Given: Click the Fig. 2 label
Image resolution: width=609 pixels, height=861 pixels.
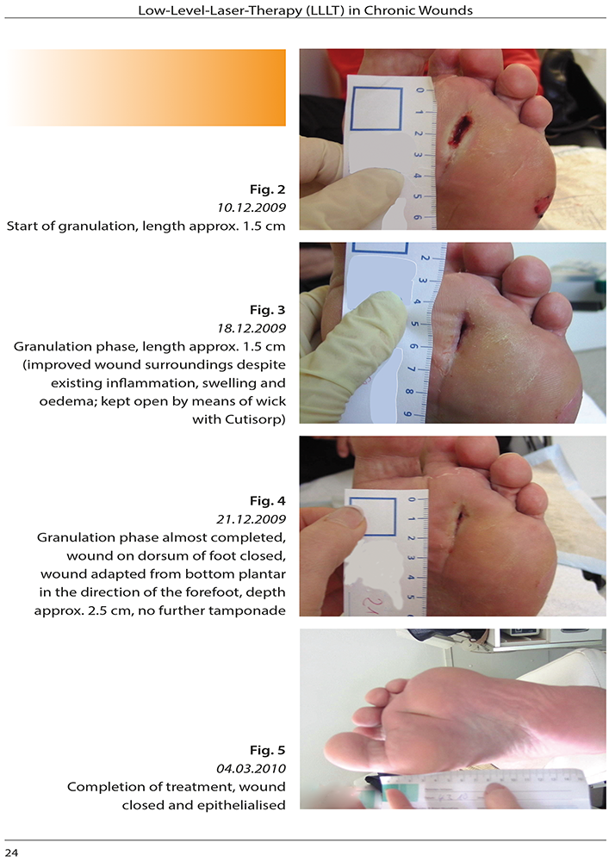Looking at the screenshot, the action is tap(267, 189).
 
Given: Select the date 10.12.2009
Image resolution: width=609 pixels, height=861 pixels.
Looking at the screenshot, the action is tap(252, 208).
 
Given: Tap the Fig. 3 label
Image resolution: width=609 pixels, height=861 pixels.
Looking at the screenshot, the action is tap(267, 310).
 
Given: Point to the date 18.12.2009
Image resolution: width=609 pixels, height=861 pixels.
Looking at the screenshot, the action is tap(252, 328).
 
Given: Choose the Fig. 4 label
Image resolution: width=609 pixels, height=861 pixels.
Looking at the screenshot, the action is tap(267, 501).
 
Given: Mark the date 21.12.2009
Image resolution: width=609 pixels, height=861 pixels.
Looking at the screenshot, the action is tap(252, 519).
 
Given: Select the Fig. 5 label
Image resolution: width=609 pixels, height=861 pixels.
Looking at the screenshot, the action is tap(267, 750).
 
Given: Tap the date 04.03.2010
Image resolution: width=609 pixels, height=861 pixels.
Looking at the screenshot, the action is tap(252, 768).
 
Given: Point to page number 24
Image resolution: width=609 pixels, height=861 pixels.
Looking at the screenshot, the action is tap(11, 852).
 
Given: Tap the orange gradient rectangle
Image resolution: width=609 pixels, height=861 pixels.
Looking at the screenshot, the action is tap(146, 88).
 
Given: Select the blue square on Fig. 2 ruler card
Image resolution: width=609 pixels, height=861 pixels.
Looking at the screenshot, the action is tap(376, 108).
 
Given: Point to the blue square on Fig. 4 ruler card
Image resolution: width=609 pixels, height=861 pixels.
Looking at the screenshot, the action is tap(372, 517).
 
